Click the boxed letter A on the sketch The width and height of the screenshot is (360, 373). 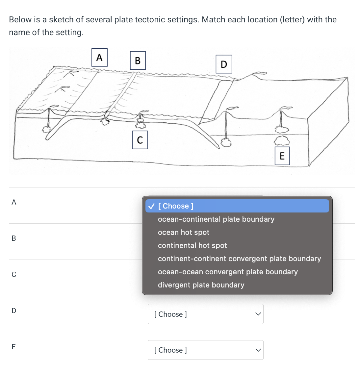coord(99,58)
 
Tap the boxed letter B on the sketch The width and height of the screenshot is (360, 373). coord(138,60)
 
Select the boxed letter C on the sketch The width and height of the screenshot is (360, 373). coord(140,140)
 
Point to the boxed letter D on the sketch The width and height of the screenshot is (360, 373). coord(224,64)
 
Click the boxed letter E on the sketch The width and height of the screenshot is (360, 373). coord(282,156)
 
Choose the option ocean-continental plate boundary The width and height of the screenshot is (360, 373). coord(216,219)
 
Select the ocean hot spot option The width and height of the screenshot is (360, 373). coord(183,232)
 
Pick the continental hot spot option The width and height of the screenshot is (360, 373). coord(192,245)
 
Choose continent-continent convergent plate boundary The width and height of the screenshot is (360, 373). coord(239,259)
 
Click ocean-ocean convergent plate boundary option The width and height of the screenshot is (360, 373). coord(228,272)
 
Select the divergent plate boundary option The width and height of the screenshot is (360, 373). coord(201,285)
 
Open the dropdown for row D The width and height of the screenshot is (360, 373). coord(205,314)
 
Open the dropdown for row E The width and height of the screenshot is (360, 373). coord(205,350)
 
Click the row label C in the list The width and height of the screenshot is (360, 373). coord(14,274)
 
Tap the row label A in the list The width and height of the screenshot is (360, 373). coord(14,202)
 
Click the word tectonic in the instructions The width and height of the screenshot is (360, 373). coord(150,19)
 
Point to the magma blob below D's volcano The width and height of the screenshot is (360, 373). coord(226,142)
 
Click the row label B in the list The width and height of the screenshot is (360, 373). coord(14,238)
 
